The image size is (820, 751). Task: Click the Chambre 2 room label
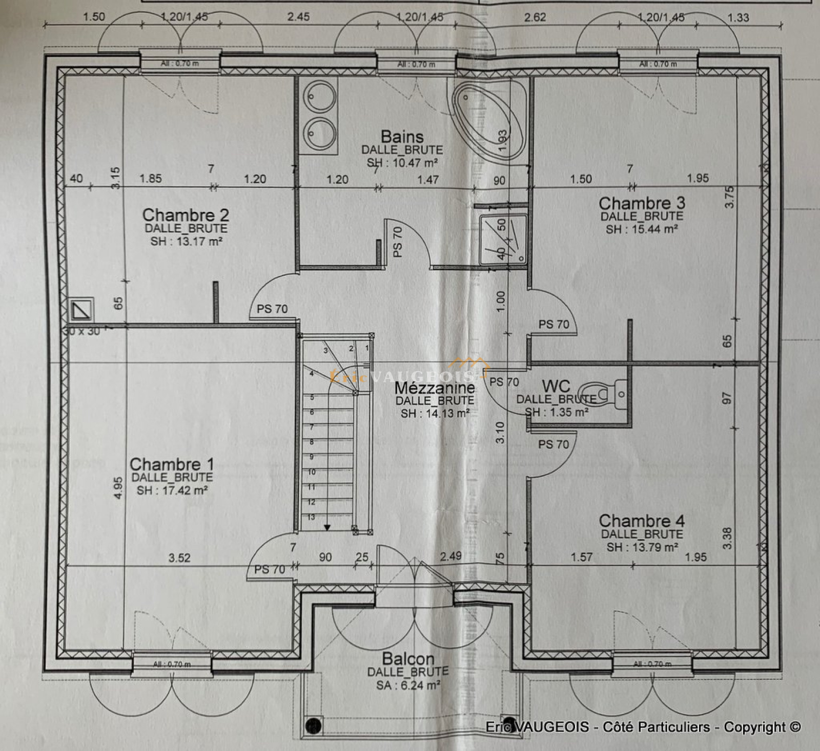(x=186, y=215)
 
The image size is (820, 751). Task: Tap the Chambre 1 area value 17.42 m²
(x=172, y=490)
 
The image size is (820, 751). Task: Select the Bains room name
(x=402, y=137)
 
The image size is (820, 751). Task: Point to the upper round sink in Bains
(x=319, y=96)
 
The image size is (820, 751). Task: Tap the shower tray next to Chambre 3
(x=503, y=240)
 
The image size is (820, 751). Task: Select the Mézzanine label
(x=435, y=388)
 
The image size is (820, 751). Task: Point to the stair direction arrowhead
(x=327, y=527)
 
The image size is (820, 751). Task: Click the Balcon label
(x=408, y=659)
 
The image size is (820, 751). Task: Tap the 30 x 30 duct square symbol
(x=81, y=310)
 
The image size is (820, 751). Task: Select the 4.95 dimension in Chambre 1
(x=118, y=488)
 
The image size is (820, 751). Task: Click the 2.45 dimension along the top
(x=298, y=17)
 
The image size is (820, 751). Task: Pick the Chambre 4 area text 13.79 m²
(x=642, y=547)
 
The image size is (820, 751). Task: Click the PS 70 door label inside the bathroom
(x=398, y=242)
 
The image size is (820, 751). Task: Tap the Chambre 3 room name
(x=642, y=203)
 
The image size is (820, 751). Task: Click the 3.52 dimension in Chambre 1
(x=179, y=558)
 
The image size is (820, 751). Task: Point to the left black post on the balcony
(x=313, y=725)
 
